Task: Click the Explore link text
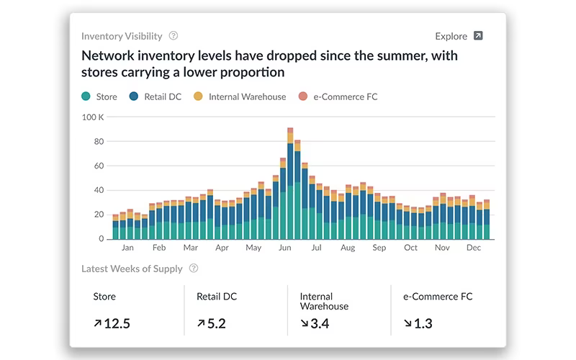[451, 37]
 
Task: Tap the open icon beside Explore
[478, 35]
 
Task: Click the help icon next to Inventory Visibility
[174, 35]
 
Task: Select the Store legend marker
[86, 96]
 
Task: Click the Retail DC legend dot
[134, 96]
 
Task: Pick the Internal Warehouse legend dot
[198, 96]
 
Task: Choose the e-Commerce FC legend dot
[302, 96]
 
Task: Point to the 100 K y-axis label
[93, 117]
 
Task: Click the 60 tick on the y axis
[99, 166]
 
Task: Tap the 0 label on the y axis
[101, 239]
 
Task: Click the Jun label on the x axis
[284, 248]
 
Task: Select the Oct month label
[410, 248]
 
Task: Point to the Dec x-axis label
[474, 248]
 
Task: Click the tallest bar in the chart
[290, 184]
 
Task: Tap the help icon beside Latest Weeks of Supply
[194, 268]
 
